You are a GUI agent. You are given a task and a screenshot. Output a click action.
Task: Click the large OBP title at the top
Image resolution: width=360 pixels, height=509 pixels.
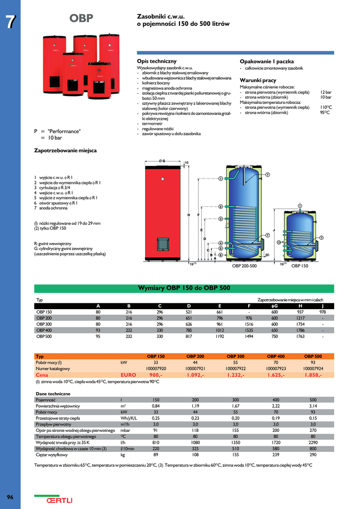(x=81, y=19)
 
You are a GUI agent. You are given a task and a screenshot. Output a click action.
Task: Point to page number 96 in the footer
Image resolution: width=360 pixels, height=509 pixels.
(x=10, y=498)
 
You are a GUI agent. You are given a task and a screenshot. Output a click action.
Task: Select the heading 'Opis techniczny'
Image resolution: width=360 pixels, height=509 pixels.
(x=157, y=61)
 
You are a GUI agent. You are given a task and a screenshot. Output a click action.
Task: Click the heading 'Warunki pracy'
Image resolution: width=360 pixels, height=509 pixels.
(x=258, y=80)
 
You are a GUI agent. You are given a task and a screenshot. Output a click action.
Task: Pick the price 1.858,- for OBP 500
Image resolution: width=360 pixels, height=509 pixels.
(x=313, y=375)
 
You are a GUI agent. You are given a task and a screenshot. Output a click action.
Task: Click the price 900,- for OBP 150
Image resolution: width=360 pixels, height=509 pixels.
(x=156, y=375)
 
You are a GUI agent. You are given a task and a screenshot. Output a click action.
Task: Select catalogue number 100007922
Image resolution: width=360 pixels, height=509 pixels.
(x=235, y=369)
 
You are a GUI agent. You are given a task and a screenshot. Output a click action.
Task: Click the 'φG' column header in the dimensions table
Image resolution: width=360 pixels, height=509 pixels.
(x=274, y=305)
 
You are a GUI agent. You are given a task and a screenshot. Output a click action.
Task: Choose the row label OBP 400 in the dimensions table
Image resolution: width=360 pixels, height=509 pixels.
(x=44, y=330)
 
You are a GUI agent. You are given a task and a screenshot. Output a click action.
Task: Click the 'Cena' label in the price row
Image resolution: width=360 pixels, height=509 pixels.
(x=42, y=375)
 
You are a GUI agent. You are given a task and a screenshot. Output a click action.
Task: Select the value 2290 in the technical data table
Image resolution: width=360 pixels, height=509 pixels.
(x=313, y=442)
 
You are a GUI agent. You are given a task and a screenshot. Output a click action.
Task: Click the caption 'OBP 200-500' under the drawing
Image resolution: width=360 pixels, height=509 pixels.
(x=244, y=266)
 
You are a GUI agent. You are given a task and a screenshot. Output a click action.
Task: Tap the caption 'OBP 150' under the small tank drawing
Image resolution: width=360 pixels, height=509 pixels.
(x=299, y=266)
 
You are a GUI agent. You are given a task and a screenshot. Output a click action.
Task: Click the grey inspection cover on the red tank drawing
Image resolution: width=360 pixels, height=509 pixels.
(x=163, y=244)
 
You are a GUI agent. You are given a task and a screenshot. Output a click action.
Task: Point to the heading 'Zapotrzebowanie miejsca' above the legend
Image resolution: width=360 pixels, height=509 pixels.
(x=65, y=150)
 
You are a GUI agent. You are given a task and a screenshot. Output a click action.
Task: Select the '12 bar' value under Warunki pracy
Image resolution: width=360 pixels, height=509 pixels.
(x=326, y=92)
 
